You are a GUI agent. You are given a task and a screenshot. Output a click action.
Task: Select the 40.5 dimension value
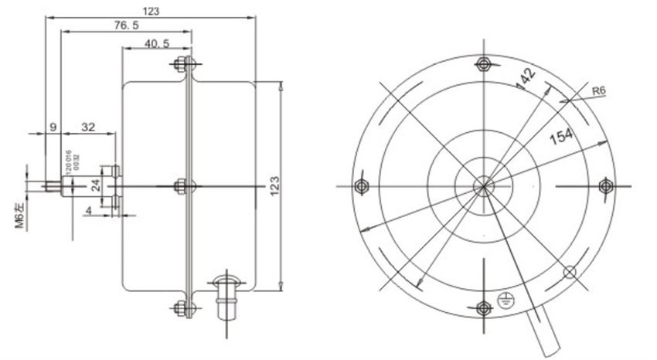[x=157, y=43]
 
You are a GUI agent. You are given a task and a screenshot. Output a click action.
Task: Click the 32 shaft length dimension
[x=87, y=128]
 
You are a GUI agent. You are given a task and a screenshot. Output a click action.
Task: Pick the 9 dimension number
[x=53, y=128]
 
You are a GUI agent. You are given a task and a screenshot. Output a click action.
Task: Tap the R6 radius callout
[x=597, y=90]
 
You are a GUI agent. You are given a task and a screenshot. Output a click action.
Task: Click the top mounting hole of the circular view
[x=483, y=63]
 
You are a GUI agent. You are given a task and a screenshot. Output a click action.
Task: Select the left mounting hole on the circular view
[x=360, y=186]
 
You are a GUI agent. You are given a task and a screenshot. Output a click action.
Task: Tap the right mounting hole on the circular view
[x=606, y=186]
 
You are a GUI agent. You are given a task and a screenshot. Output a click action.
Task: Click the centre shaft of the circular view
[x=483, y=185]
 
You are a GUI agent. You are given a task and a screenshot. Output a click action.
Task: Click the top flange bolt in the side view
[x=185, y=63]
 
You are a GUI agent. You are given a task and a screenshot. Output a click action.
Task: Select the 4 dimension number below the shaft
[x=89, y=209]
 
